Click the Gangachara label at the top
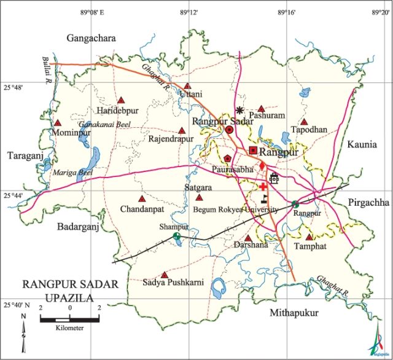pos(91,39)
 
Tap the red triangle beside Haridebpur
pos(122,100)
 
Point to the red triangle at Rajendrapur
pos(181,130)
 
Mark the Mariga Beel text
pos(72,173)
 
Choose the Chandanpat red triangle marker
pos(142,199)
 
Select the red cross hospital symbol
pos(263,186)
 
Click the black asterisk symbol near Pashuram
pos(240,111)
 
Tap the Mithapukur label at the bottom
pos(294,313)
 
